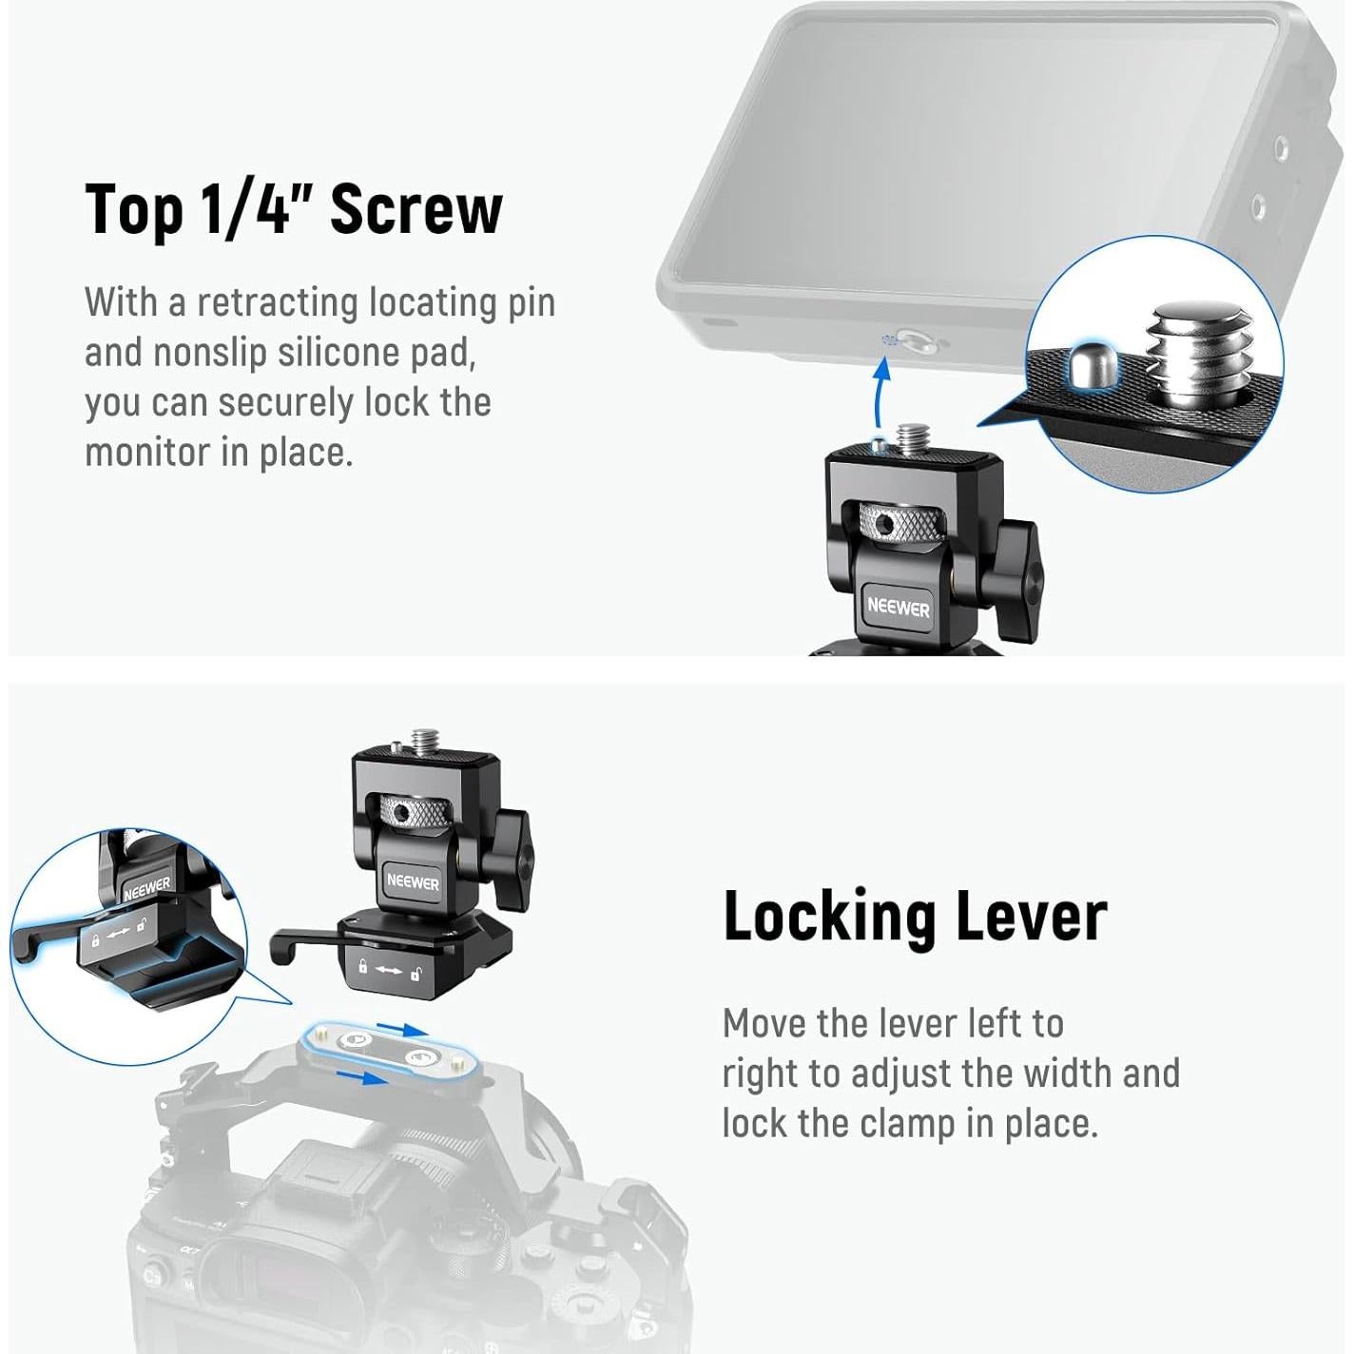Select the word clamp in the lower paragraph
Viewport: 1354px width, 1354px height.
[906, 1125]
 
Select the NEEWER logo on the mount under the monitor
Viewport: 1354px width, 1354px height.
[898, 607]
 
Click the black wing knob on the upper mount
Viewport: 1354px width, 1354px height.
[1012, 572]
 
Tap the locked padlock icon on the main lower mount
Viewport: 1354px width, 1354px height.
[362, 967]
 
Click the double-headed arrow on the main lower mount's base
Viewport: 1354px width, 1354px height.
[389, 971]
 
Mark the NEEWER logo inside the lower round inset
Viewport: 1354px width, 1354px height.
[146, 889]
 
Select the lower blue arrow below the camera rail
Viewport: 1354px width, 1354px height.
[362, 1077]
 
